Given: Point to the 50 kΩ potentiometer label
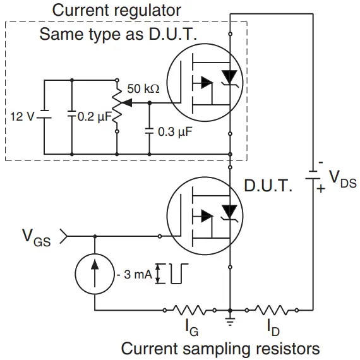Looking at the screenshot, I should click(x=143, y=90).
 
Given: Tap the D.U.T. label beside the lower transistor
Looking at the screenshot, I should click(x=269, y=187).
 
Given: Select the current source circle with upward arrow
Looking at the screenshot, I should click(x=94, y=273).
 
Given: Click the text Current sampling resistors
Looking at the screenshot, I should click(x=220, y=349).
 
